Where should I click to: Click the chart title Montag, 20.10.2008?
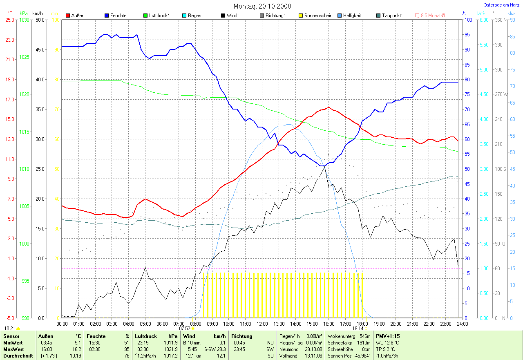[261, 6]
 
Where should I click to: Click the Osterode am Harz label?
[501, 5]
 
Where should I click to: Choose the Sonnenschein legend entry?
[315, 16]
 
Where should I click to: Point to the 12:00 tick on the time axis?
[262, 324]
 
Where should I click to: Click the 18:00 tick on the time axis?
[362, 324]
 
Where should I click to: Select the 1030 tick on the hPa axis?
[25, 20]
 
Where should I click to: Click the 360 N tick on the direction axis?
[500, 20]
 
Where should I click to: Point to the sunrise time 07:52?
[185, 328]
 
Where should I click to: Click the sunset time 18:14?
[358, 328]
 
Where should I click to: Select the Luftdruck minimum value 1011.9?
[170, 343]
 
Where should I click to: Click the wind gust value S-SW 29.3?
[215, 349]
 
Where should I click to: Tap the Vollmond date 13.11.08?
[314, 356]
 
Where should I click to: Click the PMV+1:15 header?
[388, 336]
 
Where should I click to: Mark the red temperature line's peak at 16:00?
[329, 107]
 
